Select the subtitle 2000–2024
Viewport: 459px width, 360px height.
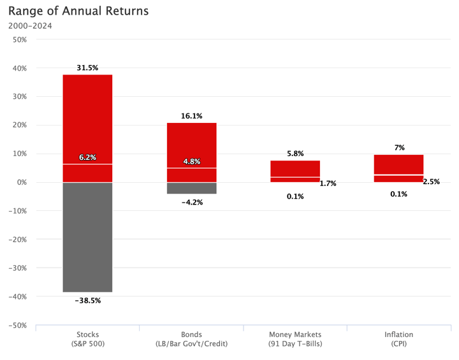[31, 26]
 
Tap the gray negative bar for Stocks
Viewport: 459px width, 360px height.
[87, 237]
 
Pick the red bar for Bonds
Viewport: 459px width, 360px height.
[191, 147]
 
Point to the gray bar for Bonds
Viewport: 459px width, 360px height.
[191, 188]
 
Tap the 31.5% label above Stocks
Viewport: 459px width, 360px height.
[87, 68]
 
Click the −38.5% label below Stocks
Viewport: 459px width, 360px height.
[87, 300]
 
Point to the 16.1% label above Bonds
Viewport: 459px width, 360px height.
[191, 116]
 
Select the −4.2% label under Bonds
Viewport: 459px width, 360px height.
[191, 202]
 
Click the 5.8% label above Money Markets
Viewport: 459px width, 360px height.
[295, 154]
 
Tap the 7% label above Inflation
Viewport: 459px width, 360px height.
[399, 148]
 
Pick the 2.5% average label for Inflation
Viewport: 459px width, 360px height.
[432, 182]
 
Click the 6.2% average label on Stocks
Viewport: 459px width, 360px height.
[87, 157]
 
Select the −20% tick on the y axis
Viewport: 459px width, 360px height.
[17, 240]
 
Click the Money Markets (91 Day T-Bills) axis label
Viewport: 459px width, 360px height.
[295, 339]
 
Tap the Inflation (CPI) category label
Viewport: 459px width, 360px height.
[398, 339]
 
